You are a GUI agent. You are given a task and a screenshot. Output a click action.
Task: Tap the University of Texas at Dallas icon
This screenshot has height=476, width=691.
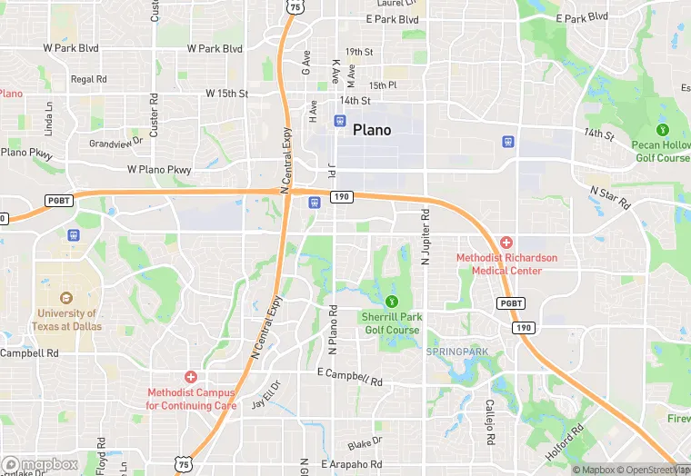pyautogui.click(x=65, y=297)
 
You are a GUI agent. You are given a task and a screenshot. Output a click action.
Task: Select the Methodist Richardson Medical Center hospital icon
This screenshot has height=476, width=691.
pyautogui.click(x=506, y=243)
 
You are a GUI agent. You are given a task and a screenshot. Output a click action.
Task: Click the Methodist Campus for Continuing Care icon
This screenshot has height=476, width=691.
pyautogui.click(x=191, y=376)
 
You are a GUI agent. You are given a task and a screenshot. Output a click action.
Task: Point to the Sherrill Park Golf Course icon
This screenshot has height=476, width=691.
pyautogui.click(x=392, y=301)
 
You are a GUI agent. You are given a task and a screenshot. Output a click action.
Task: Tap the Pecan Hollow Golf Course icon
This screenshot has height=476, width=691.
pyautogui.click(x=662, y=130)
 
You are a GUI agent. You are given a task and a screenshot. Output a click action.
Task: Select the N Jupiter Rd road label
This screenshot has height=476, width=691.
pyautogui.click(x=425, y=237)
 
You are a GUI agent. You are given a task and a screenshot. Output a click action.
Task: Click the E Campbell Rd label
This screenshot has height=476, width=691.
pyautogui.click(x=351, y=376)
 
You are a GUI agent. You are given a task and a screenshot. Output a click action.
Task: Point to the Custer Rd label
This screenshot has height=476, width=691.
pyautogui.click(x=154, y=114)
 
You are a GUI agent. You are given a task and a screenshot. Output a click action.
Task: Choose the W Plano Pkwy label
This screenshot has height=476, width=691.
pyautogui.click(x=159, y=169)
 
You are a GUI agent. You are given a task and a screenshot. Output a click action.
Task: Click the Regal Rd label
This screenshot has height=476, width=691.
pyautogui.click(x=89, y=80)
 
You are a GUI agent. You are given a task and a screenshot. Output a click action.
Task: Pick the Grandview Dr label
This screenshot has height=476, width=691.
pyautogui.click(x=116, y=143)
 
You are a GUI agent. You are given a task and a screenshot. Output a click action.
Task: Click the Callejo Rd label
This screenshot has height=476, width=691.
pyautogui.click(x=489, y=422)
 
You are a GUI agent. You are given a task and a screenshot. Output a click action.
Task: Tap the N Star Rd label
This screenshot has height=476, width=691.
pyautogui.click(x=610, y=198)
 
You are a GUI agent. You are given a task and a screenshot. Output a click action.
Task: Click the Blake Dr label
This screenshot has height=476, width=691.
pyautogui.click(x=365, y=441)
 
